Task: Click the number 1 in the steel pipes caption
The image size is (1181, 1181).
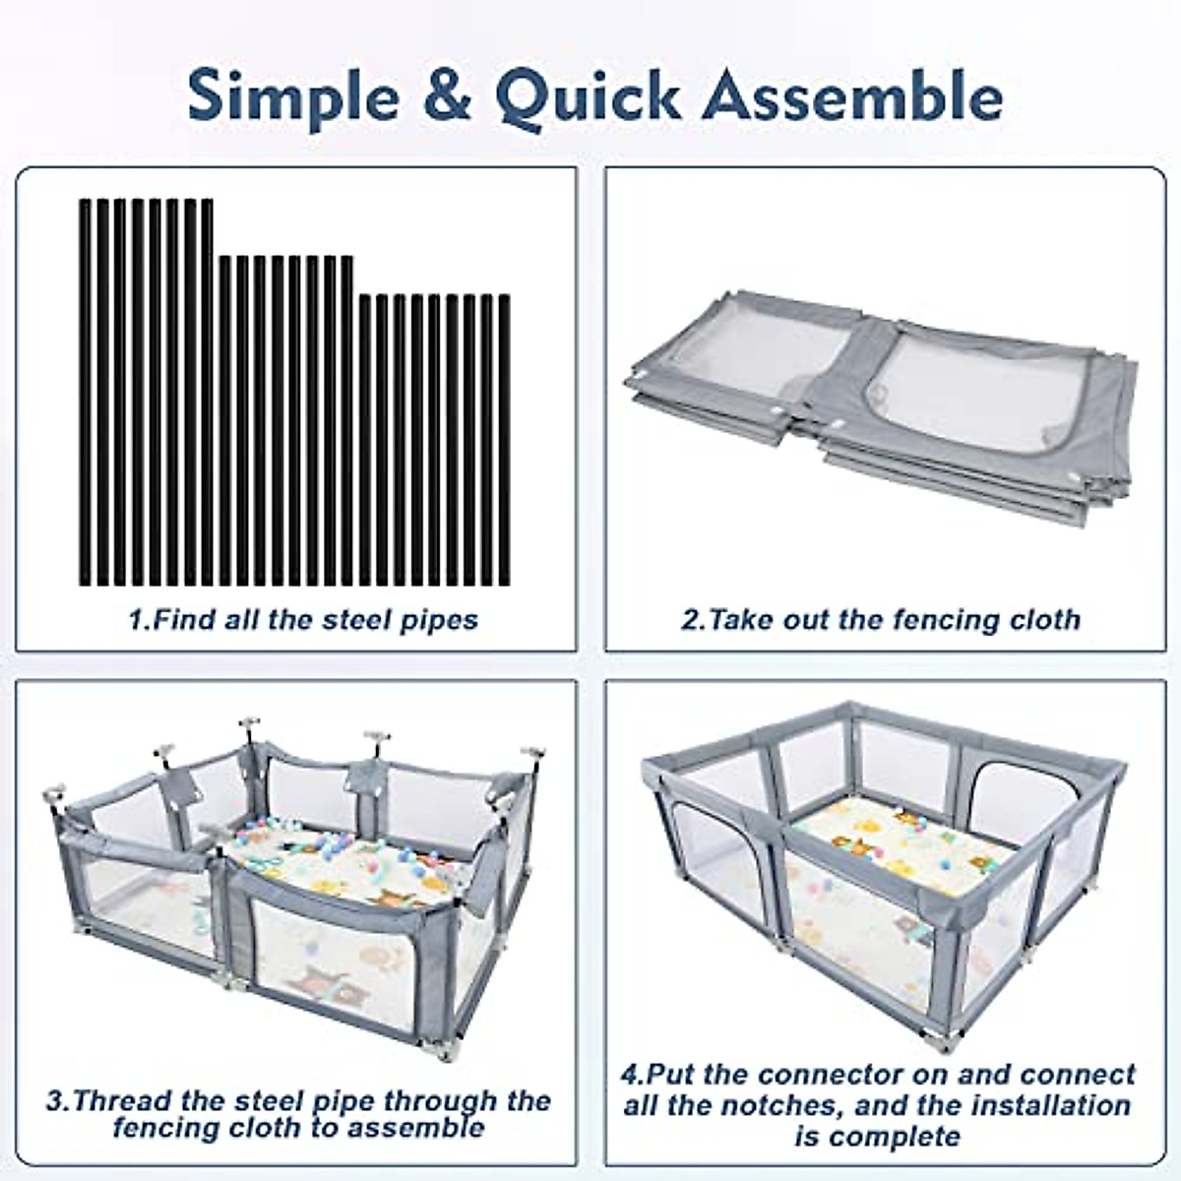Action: [136, 620]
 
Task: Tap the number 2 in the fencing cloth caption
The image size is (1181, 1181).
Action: [690, 620]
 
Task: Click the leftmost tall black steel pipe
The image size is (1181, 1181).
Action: [86, 394]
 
